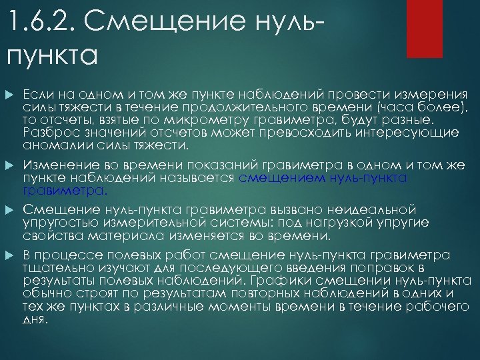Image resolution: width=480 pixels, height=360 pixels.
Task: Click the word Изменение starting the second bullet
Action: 57,165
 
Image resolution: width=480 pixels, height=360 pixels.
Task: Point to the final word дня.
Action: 36,319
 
